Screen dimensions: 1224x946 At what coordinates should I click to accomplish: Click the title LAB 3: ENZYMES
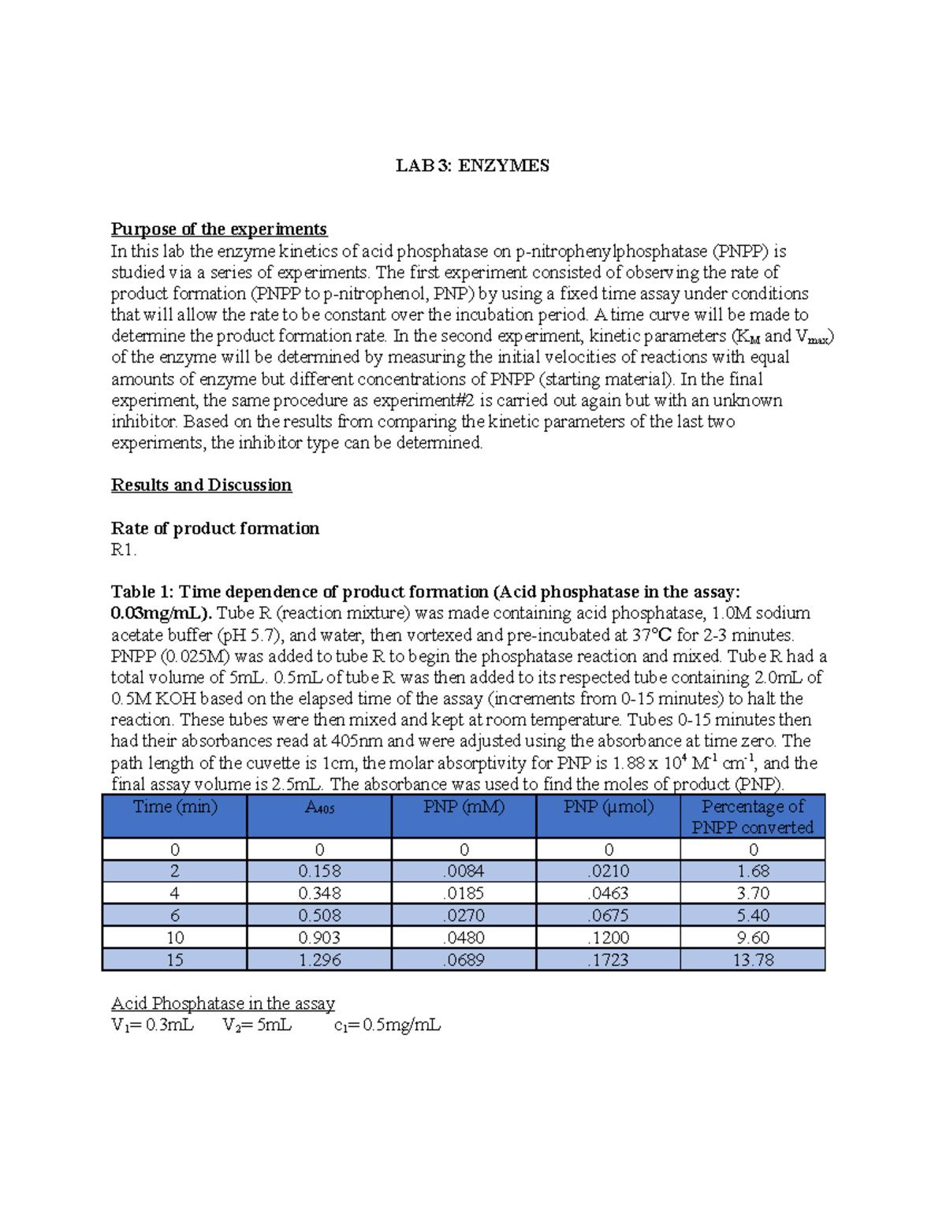pyautogui.click(x=472, y=166)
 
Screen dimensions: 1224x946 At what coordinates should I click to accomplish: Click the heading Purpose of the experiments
pyautogui.click(x=218, y=229)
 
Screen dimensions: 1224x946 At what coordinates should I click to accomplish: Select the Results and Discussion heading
pyautogui.click(x=201, y=485)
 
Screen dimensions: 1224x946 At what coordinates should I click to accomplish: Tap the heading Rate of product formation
pyautogui.click(x=214, y=528)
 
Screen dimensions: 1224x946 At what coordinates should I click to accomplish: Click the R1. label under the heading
pyautogui.click(x=124, y=550)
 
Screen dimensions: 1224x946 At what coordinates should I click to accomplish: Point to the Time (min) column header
pyautogui.click(x=174, y=807)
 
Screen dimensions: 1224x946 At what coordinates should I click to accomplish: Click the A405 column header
pyautogui.click(x=319, y=808)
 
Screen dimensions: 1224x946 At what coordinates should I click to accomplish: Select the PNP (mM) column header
pyautogui.click(x=464, y=807)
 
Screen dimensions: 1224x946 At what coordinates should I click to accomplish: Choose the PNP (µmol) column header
pyautogui.click(x=608, y=807)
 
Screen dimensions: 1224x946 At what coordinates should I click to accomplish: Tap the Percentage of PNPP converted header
pyautogui.click(x=753, y=817)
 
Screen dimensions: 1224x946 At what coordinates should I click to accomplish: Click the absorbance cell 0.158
pyautogui.click(x=319, y=871)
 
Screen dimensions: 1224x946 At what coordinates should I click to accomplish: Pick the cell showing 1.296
pyautogui.click(x=319, y=960)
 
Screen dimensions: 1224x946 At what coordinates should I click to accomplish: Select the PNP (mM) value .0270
pyautogui.click(x=464, y=916)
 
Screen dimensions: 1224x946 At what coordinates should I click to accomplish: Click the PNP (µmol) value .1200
pyautogui.click(x=608, y=938)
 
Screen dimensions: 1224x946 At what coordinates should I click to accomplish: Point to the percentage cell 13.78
pyautogui.click(x=753, y=960)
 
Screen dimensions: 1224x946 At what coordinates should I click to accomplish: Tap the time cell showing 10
pyautogui.click(x=174, y=938)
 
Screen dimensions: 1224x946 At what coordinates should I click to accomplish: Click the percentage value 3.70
pyautogui.click(x=753, y=893)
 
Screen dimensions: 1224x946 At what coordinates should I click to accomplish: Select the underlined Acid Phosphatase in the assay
pyautogui.click(x=222, y=1003)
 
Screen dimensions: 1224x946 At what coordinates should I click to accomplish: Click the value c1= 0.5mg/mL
pyautogui.click(x=387, y=1025)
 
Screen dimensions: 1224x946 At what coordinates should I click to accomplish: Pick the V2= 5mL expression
pyautogui.click(x=257, y=1025)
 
